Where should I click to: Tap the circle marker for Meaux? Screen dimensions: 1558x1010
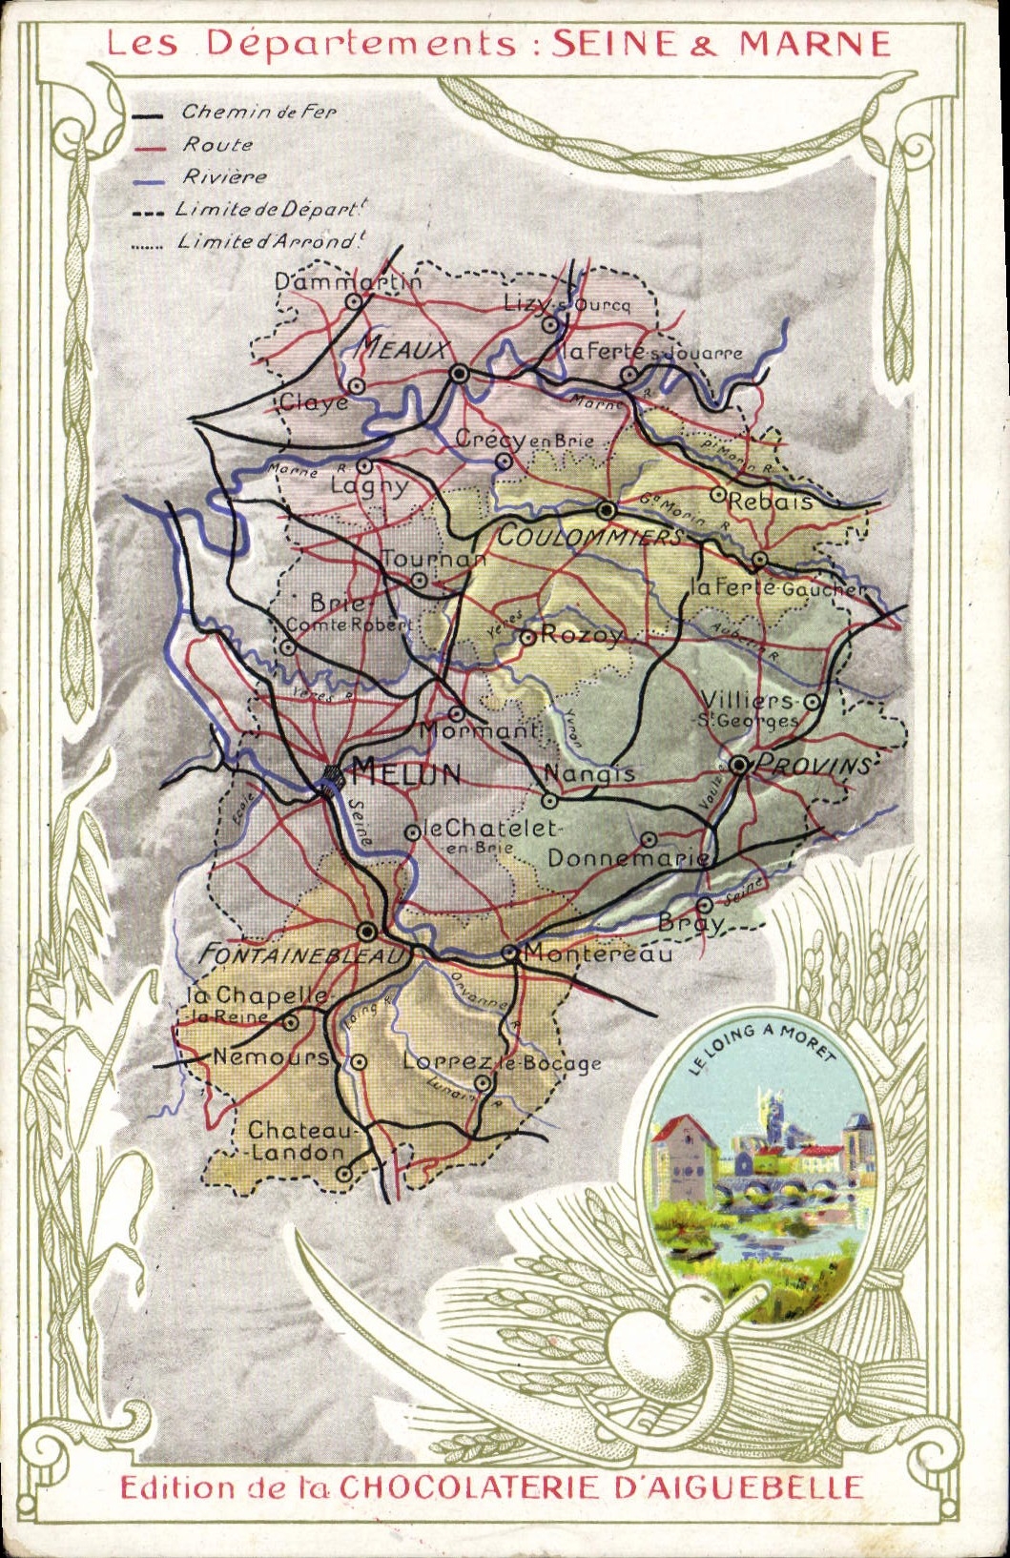coord(460,374)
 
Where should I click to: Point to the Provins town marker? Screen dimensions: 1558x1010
coord(739,764)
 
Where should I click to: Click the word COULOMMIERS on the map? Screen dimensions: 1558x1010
coord(589,537)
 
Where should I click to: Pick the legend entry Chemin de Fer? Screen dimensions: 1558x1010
coord(258,112)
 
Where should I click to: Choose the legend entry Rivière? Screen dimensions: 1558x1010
coord(225,176)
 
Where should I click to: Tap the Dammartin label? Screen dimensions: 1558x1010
coord(347,282)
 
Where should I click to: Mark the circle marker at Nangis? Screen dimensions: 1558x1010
coord(549,800)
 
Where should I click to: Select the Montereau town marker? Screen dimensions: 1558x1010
coord(509,952)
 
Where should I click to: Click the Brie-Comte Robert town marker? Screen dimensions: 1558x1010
coord(288,647)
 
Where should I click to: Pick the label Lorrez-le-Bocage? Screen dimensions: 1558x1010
coord(502,1062)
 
